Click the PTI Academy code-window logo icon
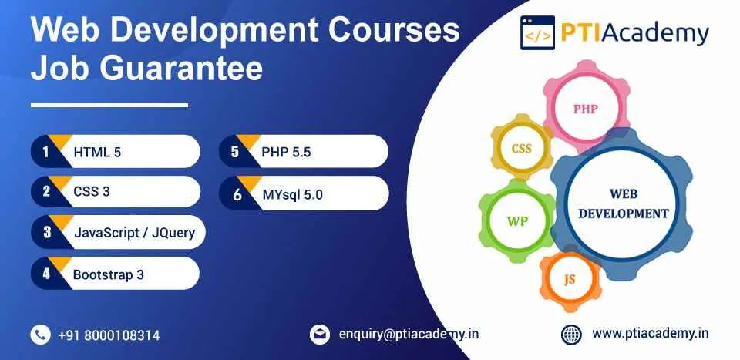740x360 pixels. tap(537, 32)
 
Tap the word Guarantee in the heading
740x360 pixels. tap(180, 68)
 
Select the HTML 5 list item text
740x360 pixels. tap(97, 152)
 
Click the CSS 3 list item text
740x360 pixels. tap(92, 191)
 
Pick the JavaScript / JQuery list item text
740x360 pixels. tap(134, 233)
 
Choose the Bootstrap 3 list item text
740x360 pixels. tap(109, 274)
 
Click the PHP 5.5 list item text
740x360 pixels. tap(286, 152)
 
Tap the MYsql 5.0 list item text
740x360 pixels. tap(293, 194)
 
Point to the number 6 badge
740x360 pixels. tap(237, 194)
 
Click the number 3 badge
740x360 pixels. tap(47, 232)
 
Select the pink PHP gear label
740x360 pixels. tap(586, 109)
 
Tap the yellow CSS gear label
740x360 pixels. tap(522, 149)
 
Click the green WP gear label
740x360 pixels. tap(518, 220)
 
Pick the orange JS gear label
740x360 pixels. tap(570, 279)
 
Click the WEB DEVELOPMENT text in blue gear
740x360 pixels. tap(624, 204)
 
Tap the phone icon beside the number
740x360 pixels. tap(41, 335)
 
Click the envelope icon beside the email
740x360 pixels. tap(319, 335)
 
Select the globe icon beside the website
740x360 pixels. tap(571, 335)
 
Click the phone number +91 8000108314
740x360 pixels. tap(109, 335)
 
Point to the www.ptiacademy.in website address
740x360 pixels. tap(651, 334)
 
